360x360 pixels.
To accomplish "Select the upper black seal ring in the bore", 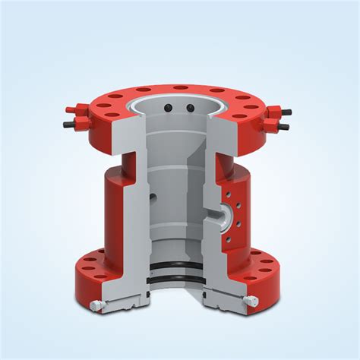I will click(x=179, y=266).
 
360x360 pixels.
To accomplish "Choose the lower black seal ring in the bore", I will click(x=179, y=280).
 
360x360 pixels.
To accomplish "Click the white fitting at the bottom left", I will click(x=94, y=307).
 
